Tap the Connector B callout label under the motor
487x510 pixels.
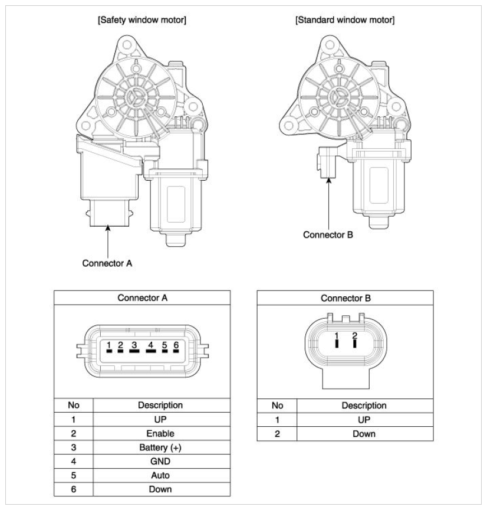(328, 234)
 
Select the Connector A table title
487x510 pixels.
(143, 298)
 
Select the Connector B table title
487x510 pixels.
(345, 298)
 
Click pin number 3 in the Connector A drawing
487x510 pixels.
(134, 345)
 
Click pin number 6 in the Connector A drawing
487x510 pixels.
(176, 345)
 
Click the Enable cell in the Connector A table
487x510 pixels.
(160, 433)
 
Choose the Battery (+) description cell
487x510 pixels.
(160, 447)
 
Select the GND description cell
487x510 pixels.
(160, 461)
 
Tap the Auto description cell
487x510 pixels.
(160, 475)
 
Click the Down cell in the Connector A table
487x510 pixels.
(160, 489)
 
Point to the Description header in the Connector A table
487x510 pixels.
(160, 406)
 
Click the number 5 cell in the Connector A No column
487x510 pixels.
(74, 475)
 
